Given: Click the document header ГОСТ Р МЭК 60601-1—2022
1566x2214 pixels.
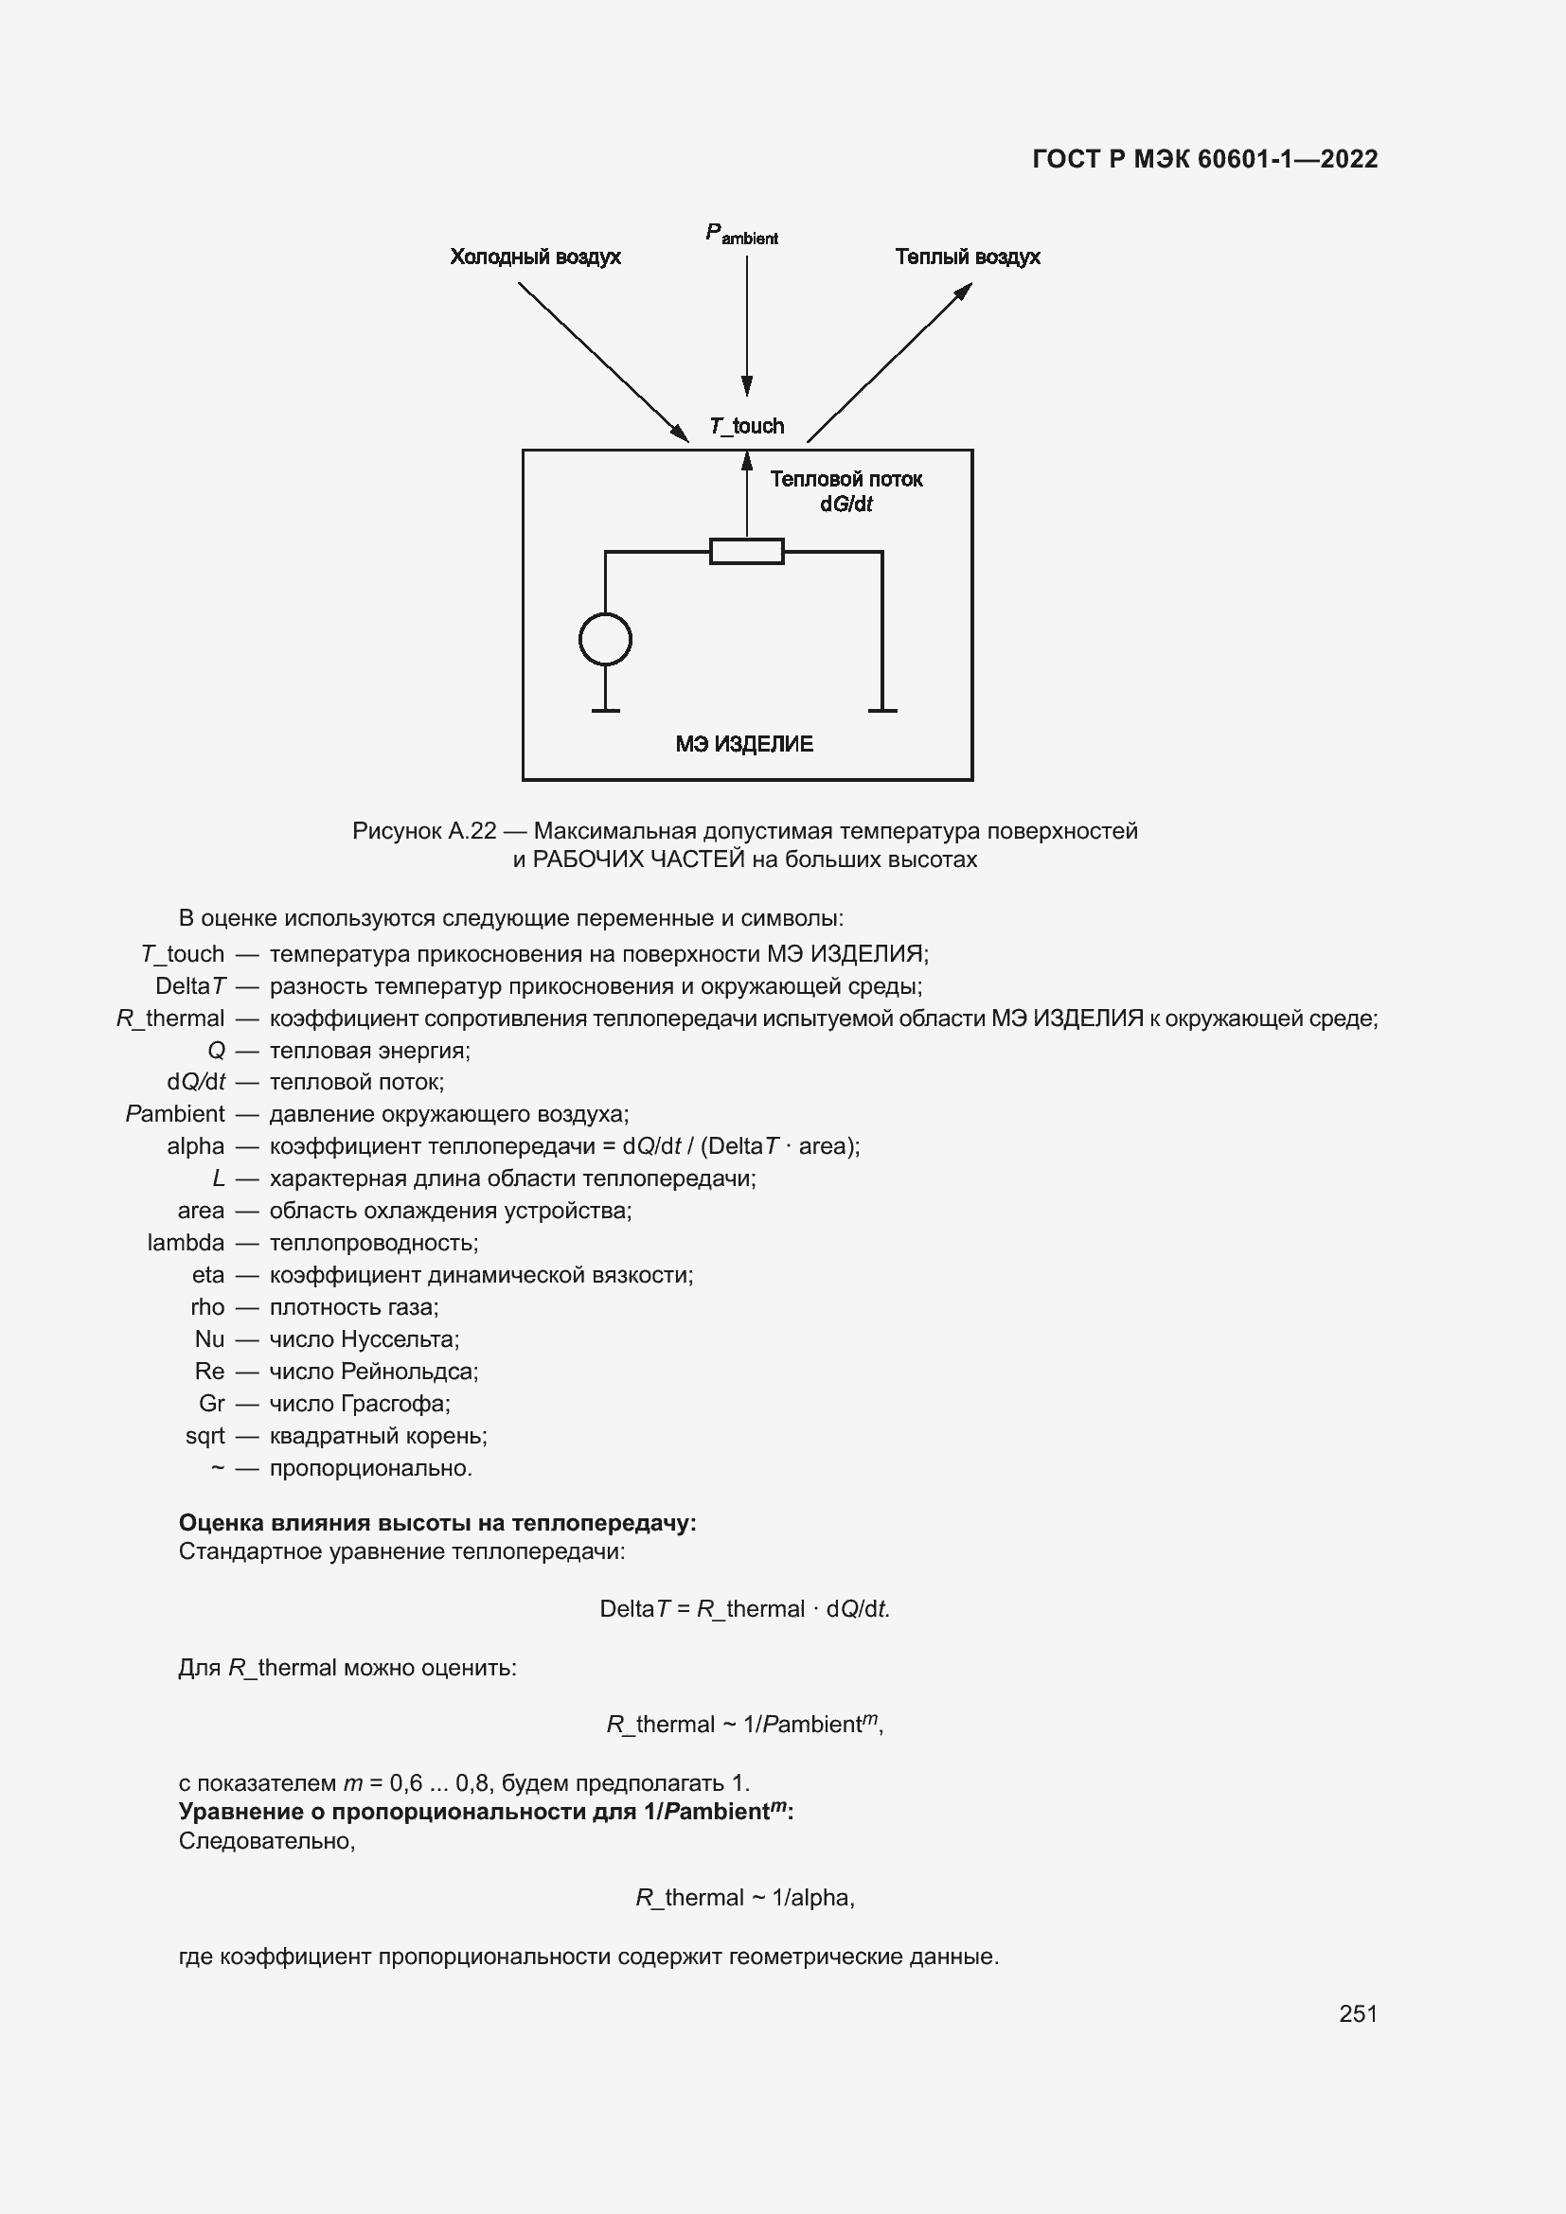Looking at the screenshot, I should coord(1204,159).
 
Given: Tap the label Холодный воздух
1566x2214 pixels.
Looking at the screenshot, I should coord(535,257).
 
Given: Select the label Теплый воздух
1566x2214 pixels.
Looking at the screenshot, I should coord(968,257).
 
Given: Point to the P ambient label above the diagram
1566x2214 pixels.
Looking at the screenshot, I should coord(741,235).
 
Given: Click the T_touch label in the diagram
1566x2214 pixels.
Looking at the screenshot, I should coord(746,426).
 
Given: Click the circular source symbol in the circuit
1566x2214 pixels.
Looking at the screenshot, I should coord(606,639).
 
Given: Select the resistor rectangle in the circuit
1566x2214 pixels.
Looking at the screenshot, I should coord(746,552).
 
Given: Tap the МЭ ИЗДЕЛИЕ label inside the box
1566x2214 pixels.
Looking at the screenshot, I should coord(743,743).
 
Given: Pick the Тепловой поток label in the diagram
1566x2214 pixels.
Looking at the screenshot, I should coord(845,479).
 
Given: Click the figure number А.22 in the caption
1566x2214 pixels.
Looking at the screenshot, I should coord(472,830).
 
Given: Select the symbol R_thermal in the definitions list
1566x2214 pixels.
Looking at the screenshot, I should coord(170,1018).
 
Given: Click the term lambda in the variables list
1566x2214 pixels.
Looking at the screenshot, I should coord(186,1243).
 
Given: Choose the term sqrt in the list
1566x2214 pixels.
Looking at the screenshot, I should coord(205,1436).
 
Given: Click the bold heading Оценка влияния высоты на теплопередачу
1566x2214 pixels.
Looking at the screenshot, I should coord(436,1523).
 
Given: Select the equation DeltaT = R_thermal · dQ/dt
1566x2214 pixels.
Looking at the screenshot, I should coord(744,1608).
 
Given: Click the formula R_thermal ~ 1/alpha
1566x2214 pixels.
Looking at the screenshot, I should coord(744,1898).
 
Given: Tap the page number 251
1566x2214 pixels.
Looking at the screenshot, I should coord(1358,2013).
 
